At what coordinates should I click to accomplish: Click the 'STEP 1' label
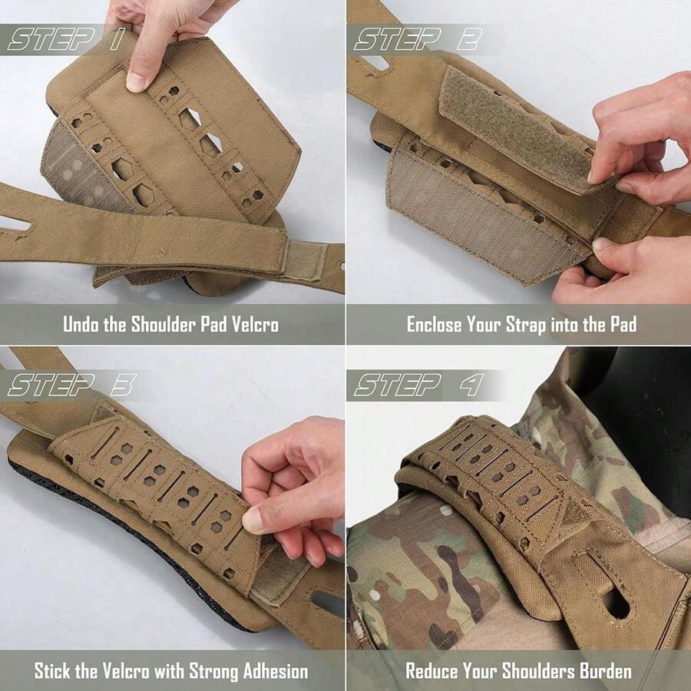coord(64,38)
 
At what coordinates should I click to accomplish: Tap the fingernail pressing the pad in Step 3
coord(251,521)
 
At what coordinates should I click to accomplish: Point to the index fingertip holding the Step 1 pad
coord(137,80)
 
